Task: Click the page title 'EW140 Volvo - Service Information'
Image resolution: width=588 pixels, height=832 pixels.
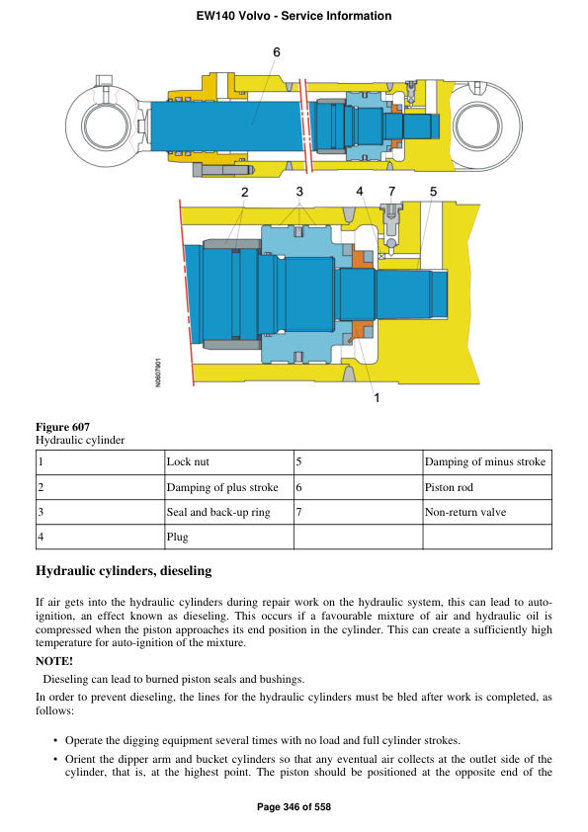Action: pyautogui.click(x=294, y=16)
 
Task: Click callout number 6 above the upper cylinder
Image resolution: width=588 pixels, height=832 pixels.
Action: pyautogui.click(x=277, y=52)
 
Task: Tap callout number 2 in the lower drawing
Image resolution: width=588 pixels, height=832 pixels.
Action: pyautogui.click(x=244, y=191)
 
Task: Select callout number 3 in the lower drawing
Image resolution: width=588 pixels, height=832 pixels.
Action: pyautogui.click(x=298, y=191)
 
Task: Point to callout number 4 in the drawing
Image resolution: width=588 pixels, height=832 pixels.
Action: pyautogui.click(x=360, y=191)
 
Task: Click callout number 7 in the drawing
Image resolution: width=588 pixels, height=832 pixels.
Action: pyautogui.click(x=391, y=191)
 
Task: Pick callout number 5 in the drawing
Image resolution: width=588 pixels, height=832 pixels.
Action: pyautogui.click(x=433, y=191)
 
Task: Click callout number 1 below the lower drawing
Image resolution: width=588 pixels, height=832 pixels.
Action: pyautogui.click(x=377, y=398)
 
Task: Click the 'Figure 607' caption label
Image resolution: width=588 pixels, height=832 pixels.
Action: pyautogui.click(x=62, y=427)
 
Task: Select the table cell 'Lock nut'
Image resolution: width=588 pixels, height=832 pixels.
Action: pyautogui.click(x=188, y=461)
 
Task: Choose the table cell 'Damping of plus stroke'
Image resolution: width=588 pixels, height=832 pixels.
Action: pyautogui.click(x=222, y=487)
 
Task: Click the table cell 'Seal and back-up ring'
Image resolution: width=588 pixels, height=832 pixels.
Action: pyautogui.click(x=217, y=512)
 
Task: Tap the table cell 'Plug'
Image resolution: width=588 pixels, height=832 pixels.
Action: pyautogui.click(x=177, y=537)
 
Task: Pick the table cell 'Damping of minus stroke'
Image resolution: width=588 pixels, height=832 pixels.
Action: pyautogui.click(x=484, y=461)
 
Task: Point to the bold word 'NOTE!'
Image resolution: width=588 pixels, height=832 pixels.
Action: pyautogui.click(x=54, y=660)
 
